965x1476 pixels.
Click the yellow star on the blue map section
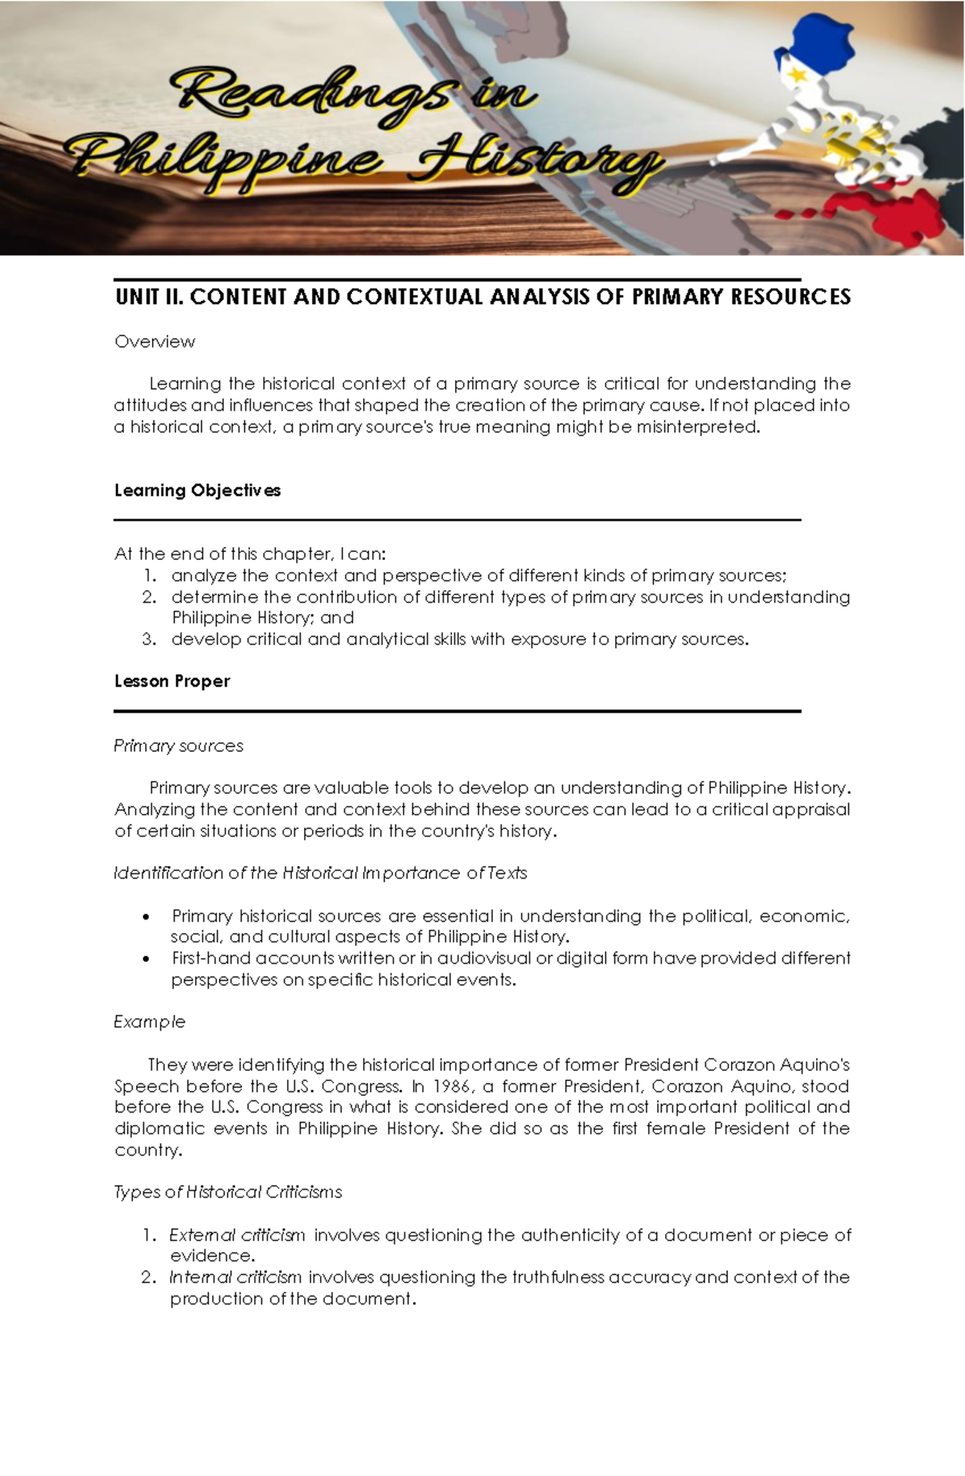click(799, 74)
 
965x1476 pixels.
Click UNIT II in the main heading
click(149, 297)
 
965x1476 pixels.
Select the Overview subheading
click(154, 342)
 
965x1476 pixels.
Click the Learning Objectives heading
click(197, 491)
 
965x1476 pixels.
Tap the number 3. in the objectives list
click(149, 639)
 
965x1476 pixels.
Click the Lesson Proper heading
click(172, 681)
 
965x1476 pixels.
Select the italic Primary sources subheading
click(179, 746)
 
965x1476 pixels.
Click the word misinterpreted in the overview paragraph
click(697, 427)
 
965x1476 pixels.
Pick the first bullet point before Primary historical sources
click(146, 918)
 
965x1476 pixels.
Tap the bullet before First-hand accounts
click(146, 960)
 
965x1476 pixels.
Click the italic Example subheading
click(150, 1022)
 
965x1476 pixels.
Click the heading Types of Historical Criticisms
click(228, 1192)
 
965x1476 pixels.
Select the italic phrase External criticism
click(237, 1235)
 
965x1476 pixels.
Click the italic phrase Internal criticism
click(236, 1277)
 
